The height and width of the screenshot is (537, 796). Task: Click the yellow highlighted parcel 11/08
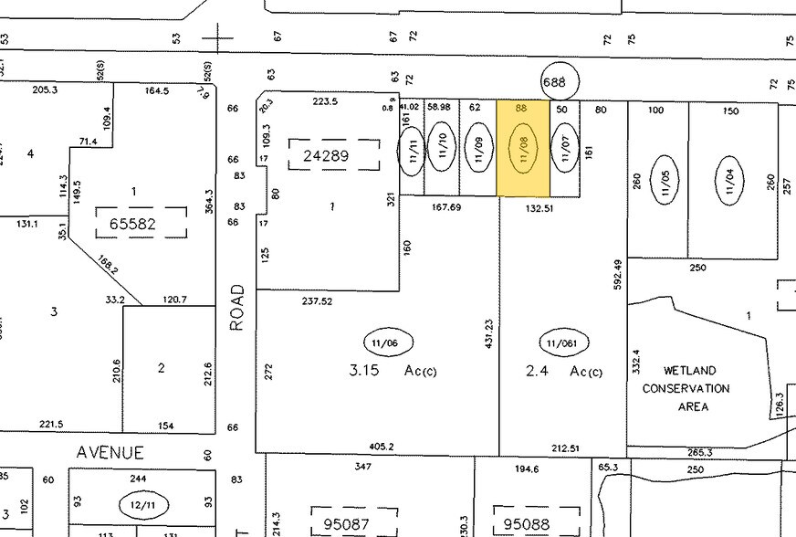tap(523, 148)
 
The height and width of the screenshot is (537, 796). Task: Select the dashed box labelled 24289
tap(333, 155)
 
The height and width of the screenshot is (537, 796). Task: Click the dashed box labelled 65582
tap(141, 222)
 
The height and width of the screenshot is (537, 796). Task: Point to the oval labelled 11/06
tap(388, 342)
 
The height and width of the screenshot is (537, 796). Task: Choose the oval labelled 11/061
tap(563, 343)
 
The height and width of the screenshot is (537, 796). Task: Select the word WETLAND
tap(690, 371)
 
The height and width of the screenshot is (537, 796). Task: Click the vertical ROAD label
tap(238, 307)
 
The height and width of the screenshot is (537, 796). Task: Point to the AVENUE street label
tap(110, 452)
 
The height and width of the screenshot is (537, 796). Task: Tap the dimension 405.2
tap(382, 447)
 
